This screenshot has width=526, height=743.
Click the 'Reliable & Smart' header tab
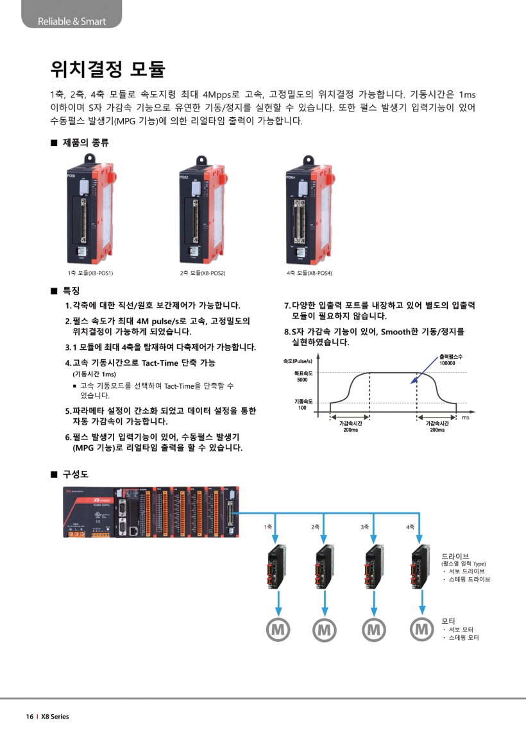[71, 21]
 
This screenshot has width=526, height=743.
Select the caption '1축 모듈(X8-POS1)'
[91, 273]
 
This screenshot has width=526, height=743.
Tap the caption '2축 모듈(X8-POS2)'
[203, 273]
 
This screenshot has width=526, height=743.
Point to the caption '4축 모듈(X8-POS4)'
[309, 273]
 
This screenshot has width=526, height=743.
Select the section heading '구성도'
[75, 474]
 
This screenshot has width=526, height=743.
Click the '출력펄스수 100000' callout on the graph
[447, 359]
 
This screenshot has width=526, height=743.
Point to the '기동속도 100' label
[303, 404]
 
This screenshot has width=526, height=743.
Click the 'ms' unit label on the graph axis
[466, 417]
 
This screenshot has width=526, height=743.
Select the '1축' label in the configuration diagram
[268, 527]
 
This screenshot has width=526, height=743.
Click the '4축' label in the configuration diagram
[411, 527]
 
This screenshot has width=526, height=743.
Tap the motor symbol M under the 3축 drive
[373, 630]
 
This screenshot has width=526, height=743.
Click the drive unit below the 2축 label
[325, 567]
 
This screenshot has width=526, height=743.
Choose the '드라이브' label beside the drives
[455, 555]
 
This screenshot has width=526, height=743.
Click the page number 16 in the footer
[30, 716]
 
